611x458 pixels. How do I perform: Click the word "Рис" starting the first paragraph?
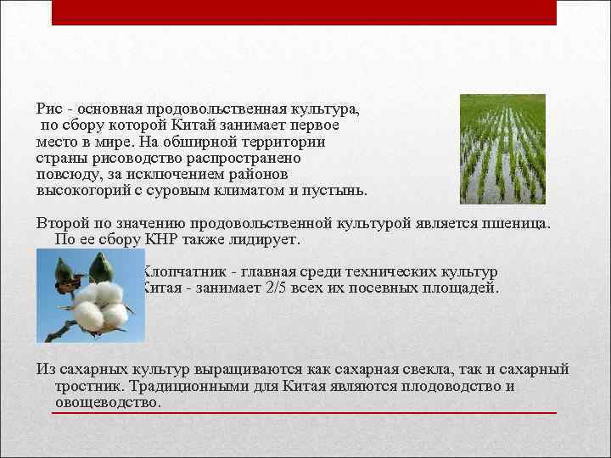pos(49,109)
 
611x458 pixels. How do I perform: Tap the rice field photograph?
pos(502,148)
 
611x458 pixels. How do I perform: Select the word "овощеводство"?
pos(105,401)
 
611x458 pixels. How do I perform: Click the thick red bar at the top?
pos(304,12)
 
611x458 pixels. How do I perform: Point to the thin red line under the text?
pos(304,413)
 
